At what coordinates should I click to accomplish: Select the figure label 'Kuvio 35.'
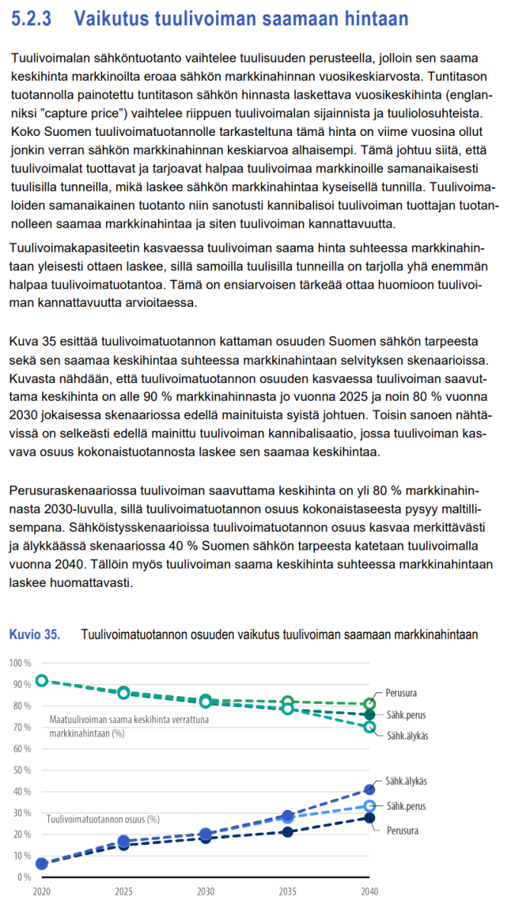pos(34,634)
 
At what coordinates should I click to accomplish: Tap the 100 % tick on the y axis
pos(20,663)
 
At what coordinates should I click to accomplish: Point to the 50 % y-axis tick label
pos(21,769)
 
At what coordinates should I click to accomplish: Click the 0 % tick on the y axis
pos(23,876)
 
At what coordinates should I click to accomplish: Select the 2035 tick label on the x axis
pos(288,891)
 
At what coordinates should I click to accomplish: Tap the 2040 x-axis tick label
pos(369,891)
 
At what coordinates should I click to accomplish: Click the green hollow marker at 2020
pos(42,680)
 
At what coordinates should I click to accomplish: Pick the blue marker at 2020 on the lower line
pos(42,863)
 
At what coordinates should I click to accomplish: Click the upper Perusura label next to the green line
pos(401,693)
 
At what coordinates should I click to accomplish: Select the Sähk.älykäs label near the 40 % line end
pos(406,781)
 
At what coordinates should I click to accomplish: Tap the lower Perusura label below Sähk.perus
pos(401,830)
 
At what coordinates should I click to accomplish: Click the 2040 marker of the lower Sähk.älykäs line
pos(370,789)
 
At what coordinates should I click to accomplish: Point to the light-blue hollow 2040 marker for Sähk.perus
pos(370,806)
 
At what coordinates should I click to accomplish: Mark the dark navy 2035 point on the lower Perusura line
pos(288,831)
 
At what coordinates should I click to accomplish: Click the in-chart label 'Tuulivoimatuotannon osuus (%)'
pos(103,819)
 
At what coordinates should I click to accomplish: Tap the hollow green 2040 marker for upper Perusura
pos(370,704)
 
